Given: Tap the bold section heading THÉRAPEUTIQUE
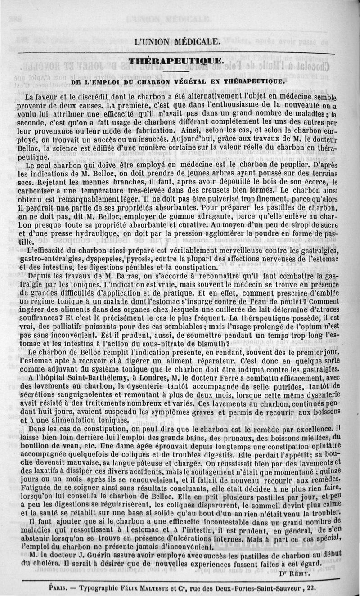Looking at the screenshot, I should pyautogui.click(x=175, y=62).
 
